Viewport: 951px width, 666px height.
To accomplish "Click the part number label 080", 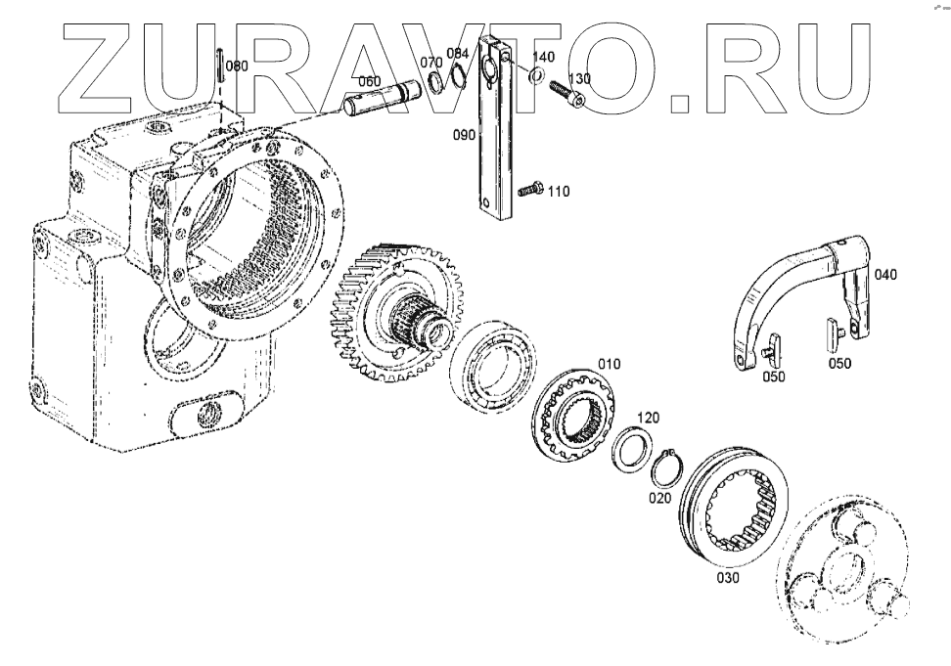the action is [x=237, y=67].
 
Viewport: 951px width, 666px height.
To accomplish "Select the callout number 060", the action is [x=369, y=81].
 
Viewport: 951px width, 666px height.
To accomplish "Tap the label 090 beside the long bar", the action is [x=463, y=135].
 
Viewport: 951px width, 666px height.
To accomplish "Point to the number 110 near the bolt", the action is [x=558, y=192].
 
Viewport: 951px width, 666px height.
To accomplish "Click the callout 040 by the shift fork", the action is [x=884, y=275].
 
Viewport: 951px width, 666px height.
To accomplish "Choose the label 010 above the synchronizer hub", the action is [x=610, y=364].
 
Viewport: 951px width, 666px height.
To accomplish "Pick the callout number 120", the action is [x=648, y=418].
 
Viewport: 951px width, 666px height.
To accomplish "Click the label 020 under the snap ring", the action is [x=659, y=498].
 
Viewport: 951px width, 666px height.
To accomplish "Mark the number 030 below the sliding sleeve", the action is [x=728, y=577].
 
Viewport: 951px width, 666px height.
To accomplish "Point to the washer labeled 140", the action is [x=536, y=75].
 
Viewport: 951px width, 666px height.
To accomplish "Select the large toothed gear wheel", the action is [x=391, y=313].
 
